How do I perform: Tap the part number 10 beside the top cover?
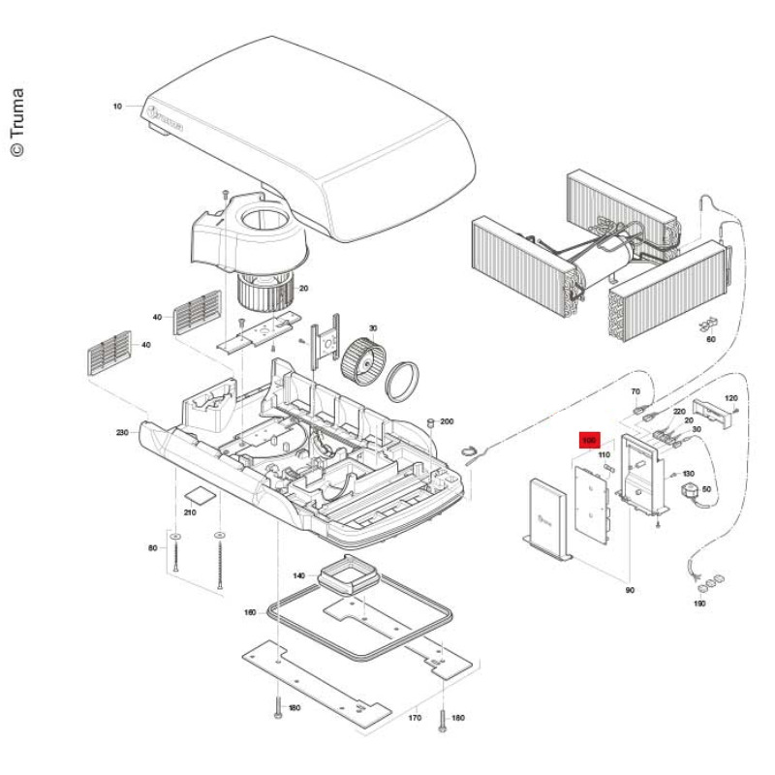click(118, 106)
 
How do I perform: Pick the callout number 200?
click(447, 421)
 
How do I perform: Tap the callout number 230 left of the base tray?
click(122, 432)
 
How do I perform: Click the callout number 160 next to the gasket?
click(249, 612)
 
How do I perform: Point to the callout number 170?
click(416, 719)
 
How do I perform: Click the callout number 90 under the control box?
click(630, 590)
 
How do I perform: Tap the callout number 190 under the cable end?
click(699, 604)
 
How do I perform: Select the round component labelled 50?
click(691, 491)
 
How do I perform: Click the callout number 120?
click(731, 398)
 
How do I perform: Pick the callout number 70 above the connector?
click(636, 391)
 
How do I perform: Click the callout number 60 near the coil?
click(711, 339)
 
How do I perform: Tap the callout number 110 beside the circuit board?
click(603, 454)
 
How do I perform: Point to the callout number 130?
click(689, 473)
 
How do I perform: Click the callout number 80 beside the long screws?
click(152, 548)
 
